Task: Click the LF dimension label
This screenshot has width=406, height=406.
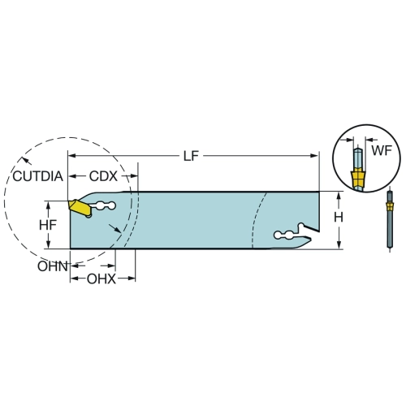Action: pyautogui.click(x=191, y=156)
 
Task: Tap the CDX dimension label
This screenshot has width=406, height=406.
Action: pyautogui.click(x=103, y=176)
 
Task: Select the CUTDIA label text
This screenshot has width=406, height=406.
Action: pyautogui.click(x=38, y=176)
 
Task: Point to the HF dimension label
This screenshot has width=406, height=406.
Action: pyautogui.click(x=48, y=225)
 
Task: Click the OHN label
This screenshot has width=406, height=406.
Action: pyautogui.click(x=52, y=266)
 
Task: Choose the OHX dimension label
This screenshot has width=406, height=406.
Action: pyautogui.click(x=101, y=279)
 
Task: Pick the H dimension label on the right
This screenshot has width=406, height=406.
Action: pyautogui.click(x=339, y=217)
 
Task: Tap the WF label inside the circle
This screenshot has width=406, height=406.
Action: pyautogui.click(x=382, y=150)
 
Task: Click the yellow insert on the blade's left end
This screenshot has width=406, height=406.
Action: pyautogui.click(x=80, y=208)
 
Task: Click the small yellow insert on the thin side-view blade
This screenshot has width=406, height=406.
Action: pyautogui.click(x=389, y=207)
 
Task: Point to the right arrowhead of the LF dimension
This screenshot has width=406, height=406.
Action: pyautogui.click(x=314, y=156)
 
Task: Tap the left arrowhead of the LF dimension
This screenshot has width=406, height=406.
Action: pyautogui.click(x=72, y=156)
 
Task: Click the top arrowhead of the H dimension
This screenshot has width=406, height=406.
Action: pyautogui.click(x=339, y=197)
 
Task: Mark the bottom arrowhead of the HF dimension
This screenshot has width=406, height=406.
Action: pyautogui.click(x=48, y=244)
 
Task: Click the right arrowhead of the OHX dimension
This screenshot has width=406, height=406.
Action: pyautogui.click(x=131, y=279)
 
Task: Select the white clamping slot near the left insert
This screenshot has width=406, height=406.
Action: pyautogui.click(x=102, y=206)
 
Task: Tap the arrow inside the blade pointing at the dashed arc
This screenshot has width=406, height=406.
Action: pyautogui.click(x=114, y=228)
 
